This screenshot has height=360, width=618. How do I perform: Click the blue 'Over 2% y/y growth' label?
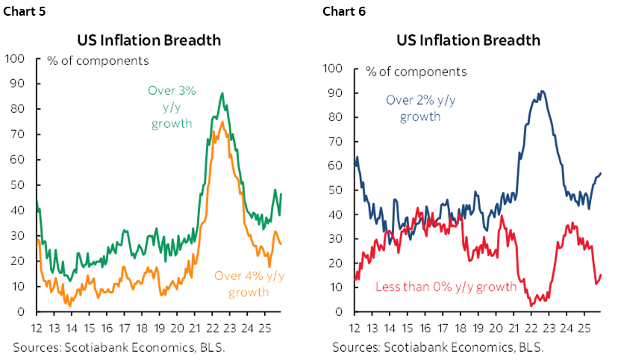[x=420, y=108]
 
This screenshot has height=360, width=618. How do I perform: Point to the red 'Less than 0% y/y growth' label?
[x=446, y=286]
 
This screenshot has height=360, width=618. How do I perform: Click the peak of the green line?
[x=222, y=93]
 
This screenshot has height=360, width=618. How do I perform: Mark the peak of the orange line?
[x=222, y=122]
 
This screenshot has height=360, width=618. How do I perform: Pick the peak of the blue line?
[x=540, y=91]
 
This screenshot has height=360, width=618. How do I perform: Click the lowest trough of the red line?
[x=531, y=305]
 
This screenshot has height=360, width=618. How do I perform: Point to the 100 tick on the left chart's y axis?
[x=16, y=58]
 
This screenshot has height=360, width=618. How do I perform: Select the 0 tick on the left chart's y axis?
[x=22, y=311]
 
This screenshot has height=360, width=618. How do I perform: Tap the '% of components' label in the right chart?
[x=416, y=72]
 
